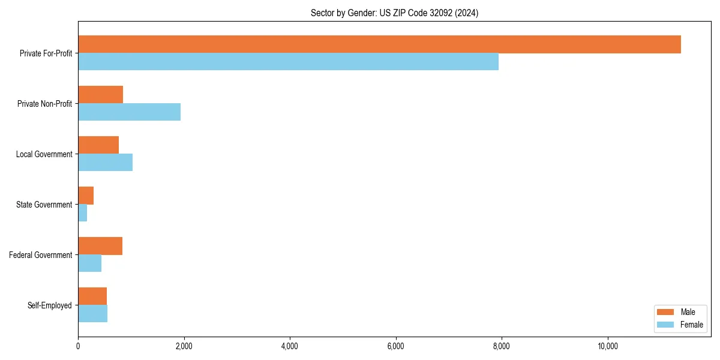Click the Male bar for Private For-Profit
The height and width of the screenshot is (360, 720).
tap(379, 44)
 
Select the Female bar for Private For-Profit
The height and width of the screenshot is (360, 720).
tap(288, 62)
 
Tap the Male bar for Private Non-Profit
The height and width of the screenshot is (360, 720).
tap(100, 95)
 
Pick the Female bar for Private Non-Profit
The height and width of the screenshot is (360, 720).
tap(129, 112)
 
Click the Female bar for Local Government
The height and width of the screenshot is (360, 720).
tap(105, 163)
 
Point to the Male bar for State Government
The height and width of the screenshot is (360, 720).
tap(86, 196)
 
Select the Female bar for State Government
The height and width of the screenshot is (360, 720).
tap(83, 213)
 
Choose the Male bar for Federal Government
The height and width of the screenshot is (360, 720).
tap(100, 246)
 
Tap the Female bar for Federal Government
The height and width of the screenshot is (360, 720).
tap(89, 263)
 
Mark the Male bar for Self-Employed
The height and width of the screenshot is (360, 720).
tap(92, 296)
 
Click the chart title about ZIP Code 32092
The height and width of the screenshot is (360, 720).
tap(394, 13)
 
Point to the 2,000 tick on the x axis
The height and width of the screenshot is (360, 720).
tap(184, 346)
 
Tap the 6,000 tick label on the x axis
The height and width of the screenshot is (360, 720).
tap(395, 346)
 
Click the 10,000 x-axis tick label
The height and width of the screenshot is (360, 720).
tap(607, 346)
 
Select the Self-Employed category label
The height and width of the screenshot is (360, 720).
tap(50, 305)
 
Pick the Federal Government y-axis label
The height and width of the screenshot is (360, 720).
tap(41, 255)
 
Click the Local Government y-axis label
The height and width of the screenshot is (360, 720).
tap(44, 154)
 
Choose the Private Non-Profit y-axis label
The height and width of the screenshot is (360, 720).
tap(45, 104)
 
